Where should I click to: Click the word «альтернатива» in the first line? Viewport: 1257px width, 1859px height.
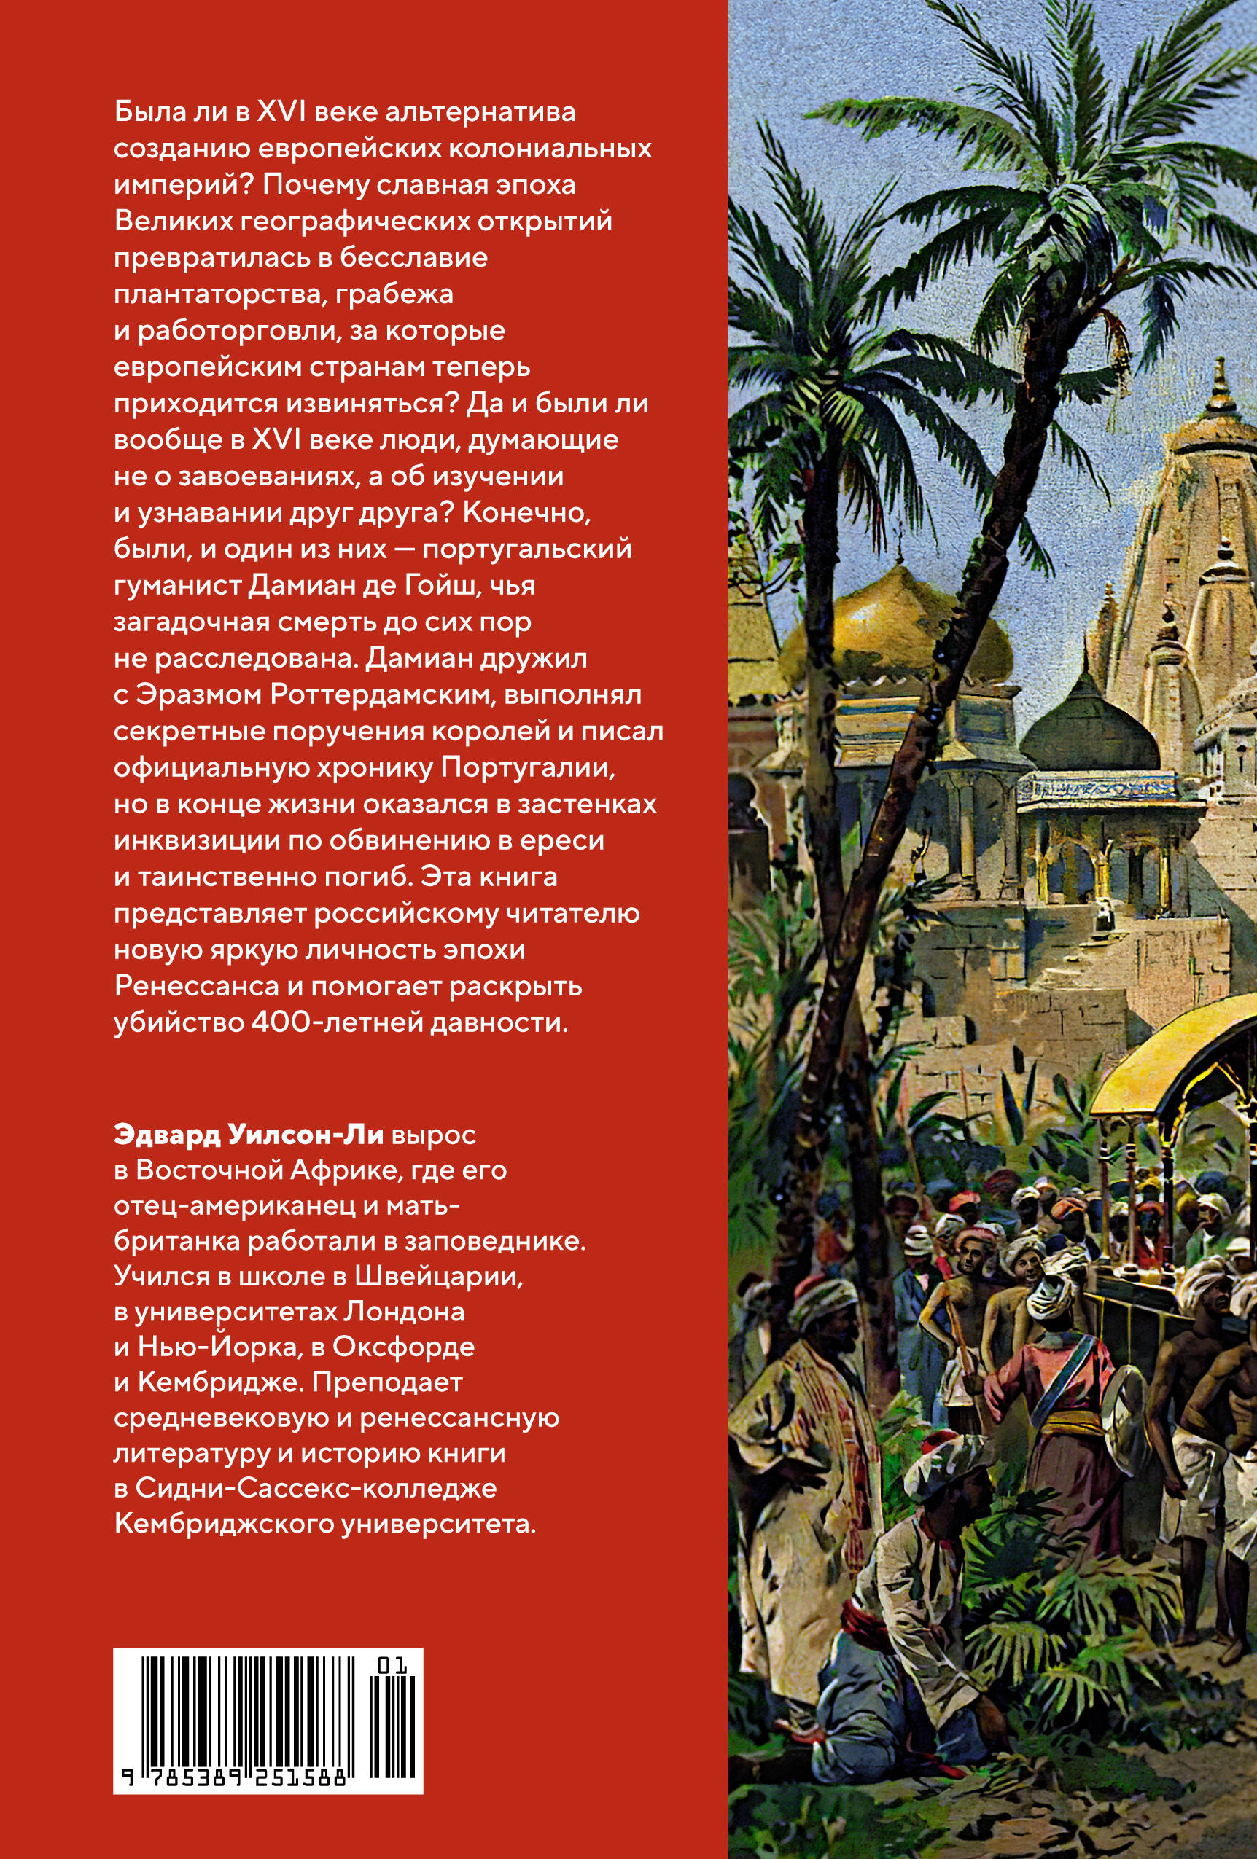480,112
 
